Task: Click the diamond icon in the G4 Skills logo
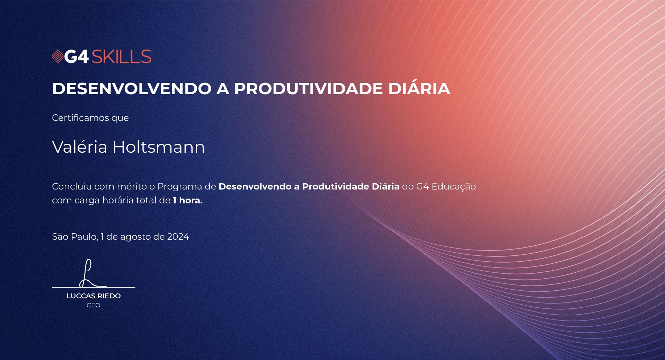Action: (x=57, y=56)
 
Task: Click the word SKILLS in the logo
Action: (x=122, y=56)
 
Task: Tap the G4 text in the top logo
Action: (x=77, y=56)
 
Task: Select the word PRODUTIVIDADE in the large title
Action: (x=308, y=88)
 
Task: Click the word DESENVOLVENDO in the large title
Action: (x=132, y=88)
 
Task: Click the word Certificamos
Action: (x=80, y=118)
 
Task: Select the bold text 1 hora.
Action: (x=188, y=200)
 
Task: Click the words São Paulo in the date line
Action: (x=75, y=236)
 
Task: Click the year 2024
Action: (x=178, y=237)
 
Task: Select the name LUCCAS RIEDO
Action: (x=94, y=296)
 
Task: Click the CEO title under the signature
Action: (x=94, y=305)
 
